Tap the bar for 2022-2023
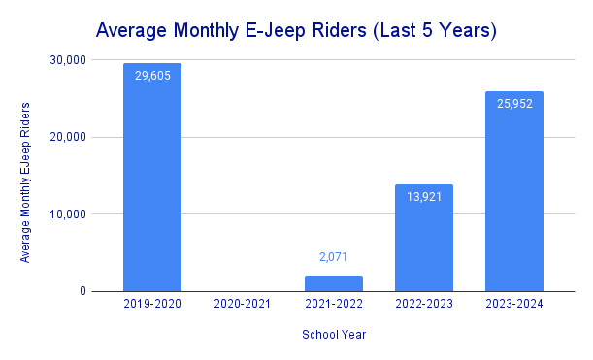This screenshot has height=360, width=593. (424, 238)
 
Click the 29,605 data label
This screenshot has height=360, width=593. (152, 76)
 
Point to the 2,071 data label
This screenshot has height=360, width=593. (333, 258)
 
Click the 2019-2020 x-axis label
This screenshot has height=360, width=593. (152, 305)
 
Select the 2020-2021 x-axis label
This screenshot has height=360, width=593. (243, 305)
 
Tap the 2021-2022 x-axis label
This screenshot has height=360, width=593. (333, 305)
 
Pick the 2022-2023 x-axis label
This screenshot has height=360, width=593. (424, 305)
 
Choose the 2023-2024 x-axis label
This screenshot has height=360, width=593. (514, 305)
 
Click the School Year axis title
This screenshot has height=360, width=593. (333, 335)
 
